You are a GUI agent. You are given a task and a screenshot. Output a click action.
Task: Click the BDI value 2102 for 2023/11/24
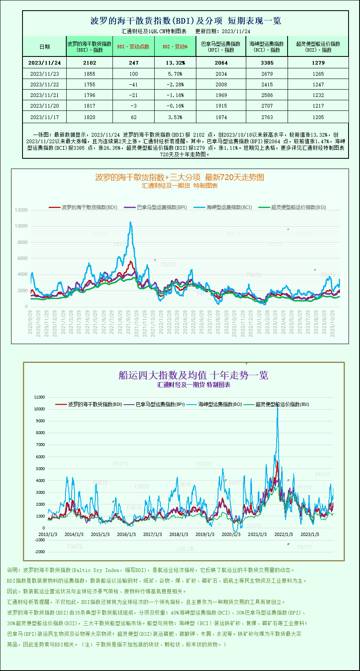89,63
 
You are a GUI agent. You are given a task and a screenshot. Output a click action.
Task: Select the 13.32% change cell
175,63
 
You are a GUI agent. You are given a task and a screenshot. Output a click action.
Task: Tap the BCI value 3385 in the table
267,63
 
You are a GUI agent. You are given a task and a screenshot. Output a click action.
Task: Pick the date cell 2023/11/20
44,106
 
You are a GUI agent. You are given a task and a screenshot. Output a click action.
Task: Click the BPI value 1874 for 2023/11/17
221,117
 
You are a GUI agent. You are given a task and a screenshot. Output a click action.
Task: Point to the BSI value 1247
318,84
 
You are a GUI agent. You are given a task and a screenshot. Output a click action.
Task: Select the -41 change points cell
133,84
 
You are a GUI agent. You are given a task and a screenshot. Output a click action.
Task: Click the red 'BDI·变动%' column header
175,47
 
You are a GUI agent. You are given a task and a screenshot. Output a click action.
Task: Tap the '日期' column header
44,47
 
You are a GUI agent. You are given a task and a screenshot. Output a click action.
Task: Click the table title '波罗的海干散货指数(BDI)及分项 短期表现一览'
185,20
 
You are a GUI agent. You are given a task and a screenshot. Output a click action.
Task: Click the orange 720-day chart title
180,177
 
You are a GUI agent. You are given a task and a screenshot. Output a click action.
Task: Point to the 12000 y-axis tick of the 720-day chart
21,210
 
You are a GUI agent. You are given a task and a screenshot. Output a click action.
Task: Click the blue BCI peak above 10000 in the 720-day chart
130,223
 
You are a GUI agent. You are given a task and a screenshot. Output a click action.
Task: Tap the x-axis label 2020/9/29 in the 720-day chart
30,322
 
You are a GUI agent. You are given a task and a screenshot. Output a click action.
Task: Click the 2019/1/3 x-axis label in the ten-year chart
205,534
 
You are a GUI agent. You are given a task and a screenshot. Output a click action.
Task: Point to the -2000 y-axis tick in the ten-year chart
40,552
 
